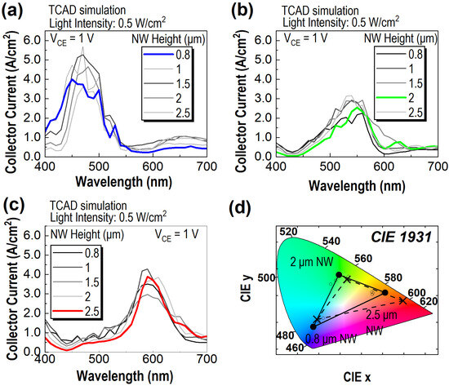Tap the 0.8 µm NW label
click(x=323, y=336)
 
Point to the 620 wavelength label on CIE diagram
click(x=430, y=300)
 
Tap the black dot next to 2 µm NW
click(x=338, y=275)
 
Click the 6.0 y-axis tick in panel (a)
click(x=33, y=39)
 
